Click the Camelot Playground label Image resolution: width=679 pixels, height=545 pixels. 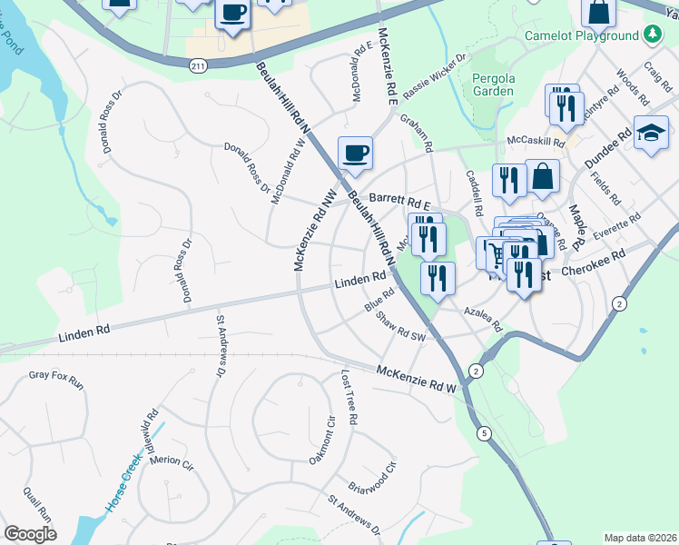point(582,35)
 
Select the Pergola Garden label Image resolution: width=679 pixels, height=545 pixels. point(494,84)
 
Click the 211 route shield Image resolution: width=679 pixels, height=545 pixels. point(199,65)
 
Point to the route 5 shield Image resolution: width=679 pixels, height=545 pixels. point(484,433)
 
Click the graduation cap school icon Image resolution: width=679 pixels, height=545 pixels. point(651,134)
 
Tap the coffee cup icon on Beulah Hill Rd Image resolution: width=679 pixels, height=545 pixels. point(355,153)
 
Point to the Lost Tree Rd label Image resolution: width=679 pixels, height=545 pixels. point(349,397)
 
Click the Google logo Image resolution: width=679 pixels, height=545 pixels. point(31,533)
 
